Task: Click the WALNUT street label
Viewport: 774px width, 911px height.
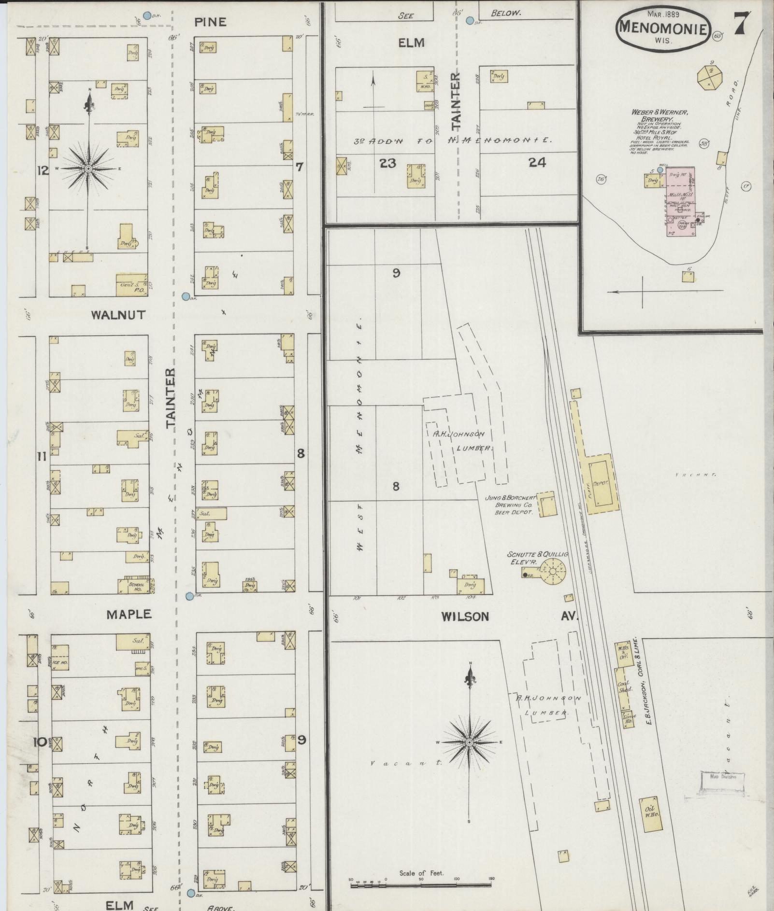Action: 118,315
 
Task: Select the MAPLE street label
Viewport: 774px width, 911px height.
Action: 129,614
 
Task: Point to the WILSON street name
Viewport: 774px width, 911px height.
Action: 465,617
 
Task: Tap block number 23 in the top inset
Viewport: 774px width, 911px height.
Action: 388,163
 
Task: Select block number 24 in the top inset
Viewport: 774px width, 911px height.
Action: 537,163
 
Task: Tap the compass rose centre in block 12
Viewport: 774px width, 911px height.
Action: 88,169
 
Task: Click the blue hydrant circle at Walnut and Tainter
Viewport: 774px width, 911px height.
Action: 185,296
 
